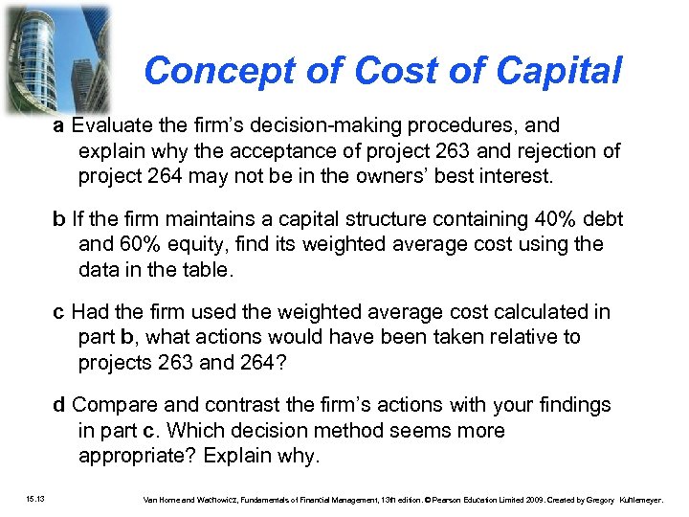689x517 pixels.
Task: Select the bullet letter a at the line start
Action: point(59,125)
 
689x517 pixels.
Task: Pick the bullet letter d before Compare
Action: point(59,405)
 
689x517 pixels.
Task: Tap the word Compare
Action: point(114,405)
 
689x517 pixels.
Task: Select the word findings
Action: point(570,405)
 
